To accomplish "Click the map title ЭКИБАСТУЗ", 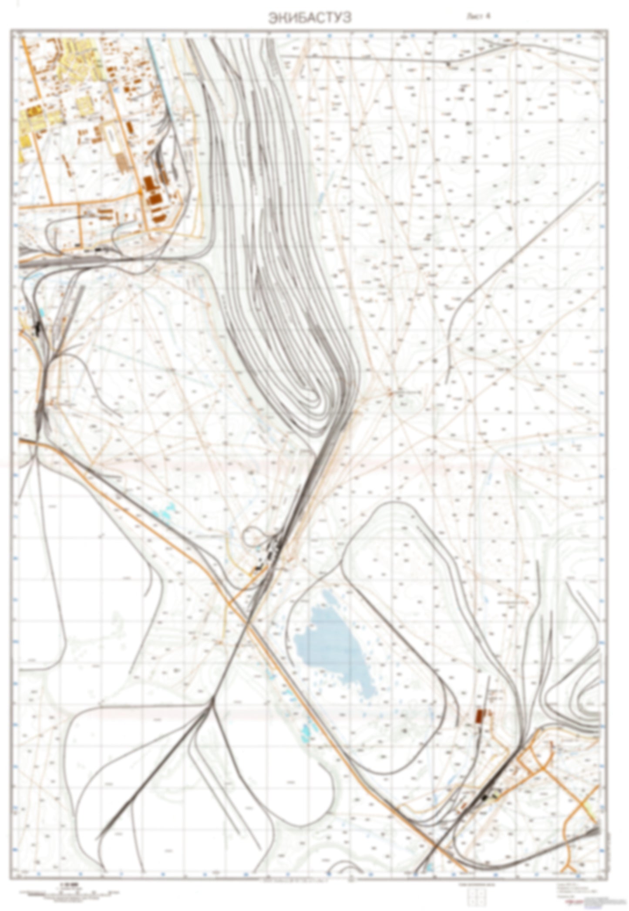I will coord(309,18).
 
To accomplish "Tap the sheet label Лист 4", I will coord(478,16).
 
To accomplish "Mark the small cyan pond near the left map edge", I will coord(42,312).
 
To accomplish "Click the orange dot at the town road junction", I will coord(140,192).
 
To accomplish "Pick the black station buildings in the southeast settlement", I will coord(487,796).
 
